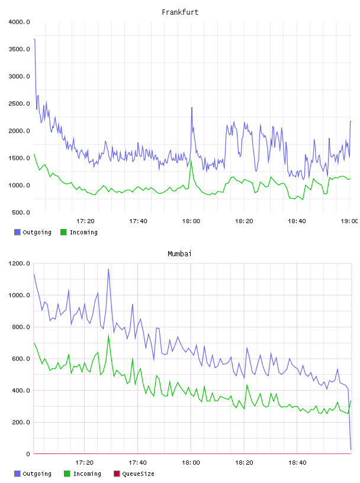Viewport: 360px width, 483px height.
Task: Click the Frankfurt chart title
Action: pyautogui.click(x=180, y=12)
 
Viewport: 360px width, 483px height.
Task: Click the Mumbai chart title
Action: pyautogui.click(x=179, y=254)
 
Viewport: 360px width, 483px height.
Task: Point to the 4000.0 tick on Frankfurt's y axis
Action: pyautogui.click(x=20, y=22)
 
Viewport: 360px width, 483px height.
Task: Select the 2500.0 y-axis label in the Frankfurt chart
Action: pyautogui.click(x=20, y=104)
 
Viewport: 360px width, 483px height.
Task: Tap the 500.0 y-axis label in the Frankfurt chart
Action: pyautogui.click(x=21, y=212)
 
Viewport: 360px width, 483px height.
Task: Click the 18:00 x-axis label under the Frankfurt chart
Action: pyautogui.click(x=191, y=221)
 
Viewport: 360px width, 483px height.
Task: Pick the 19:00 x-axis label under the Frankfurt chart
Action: pyautogui.click(x=349, y=221)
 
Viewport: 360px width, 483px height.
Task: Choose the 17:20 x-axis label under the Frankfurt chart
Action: pyautogui.click(x=85, y=221)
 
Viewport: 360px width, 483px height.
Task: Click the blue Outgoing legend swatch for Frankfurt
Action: pyautogui.click(x=17, y=232)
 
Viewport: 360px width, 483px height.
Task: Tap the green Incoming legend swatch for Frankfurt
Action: pyautogui.click(x=63, y=232)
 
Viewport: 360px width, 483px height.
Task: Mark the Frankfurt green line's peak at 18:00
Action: pyautogui.click(x=191, y=160)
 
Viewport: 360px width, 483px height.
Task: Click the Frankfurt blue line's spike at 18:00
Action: pyautogui.click(x=192, y=108)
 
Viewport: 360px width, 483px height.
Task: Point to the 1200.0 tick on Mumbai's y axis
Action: pyautogui.click(x=20, y=263)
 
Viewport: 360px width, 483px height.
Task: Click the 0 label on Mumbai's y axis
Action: pyautogui.click(x=28, y=454)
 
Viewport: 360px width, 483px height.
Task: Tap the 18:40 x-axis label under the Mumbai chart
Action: pyautogui.click(x=297, y=463)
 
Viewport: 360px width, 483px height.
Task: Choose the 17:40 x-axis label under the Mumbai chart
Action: pyautogui.click(x=138, y=463)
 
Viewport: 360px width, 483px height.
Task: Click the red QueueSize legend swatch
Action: pyautogui.click(x=117, y=474)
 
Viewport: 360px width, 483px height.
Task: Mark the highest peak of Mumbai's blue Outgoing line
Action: pyautogui.click(x=108, y=269)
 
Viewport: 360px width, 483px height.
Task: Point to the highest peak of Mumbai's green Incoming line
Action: pyautogui.click(x=108, y=335)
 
